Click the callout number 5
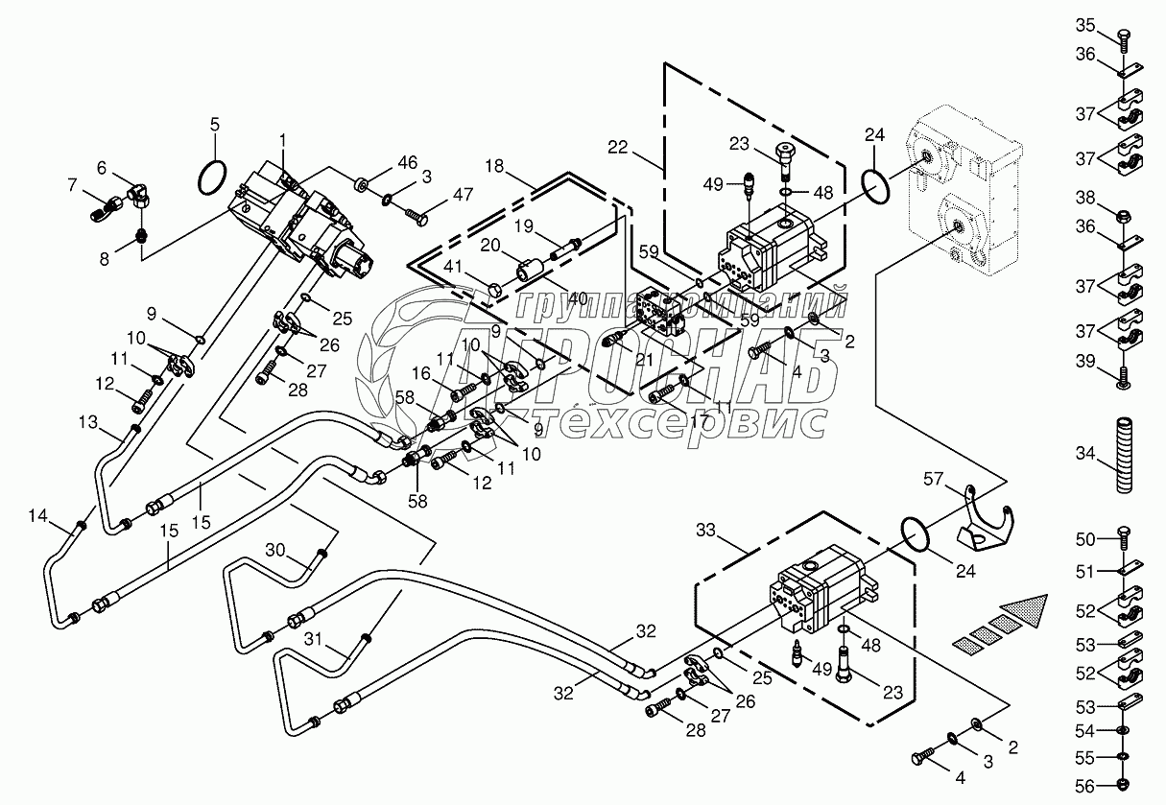coord(214,124)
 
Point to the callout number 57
coord(934,477)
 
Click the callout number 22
coord(617,147)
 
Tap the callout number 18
coord(493,166)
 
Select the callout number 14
coord(36,517)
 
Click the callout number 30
coord(275,550)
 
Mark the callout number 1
coord(283,141)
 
